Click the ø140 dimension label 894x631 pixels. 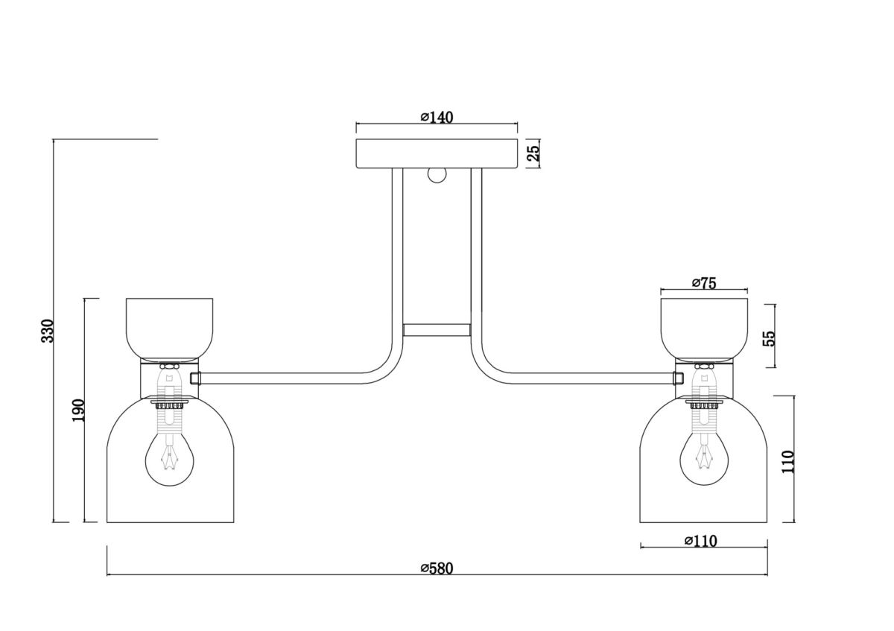coord(437,118)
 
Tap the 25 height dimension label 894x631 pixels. coord(533,153)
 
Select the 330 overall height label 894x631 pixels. coord(48,331)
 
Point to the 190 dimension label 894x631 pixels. coord(79,410)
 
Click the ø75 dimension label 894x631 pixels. coord(705,282)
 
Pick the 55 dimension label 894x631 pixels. coord(769,338)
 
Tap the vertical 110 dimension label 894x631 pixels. coord(788,462)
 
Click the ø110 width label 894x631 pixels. coord(701,541)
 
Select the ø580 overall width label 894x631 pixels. coord(437,568)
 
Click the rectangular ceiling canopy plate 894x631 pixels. coord(437,153)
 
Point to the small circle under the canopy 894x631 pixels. coord(437,175)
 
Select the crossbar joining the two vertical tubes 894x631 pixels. coord(437,330)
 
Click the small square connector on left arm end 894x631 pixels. coord(195,378)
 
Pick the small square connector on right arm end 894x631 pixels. coord(678,378)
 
